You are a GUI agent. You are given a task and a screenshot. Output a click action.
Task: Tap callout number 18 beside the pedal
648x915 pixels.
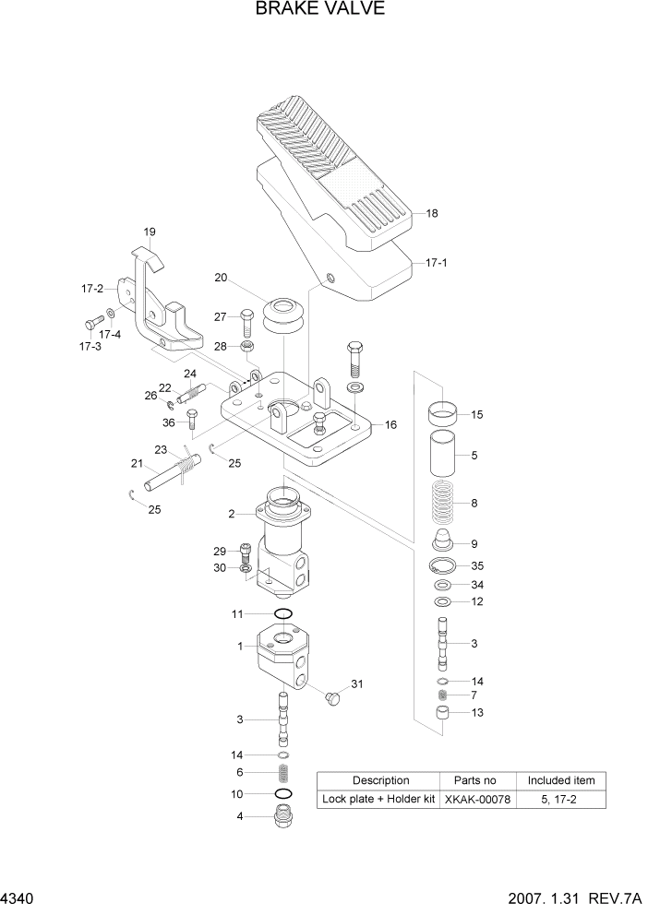click(432, 213)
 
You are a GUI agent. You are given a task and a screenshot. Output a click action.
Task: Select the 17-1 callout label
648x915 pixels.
click(437, 263)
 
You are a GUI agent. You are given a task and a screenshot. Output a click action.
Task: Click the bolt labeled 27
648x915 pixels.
click(248, 320)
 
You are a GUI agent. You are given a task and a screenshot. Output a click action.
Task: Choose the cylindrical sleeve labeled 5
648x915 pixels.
click(446, 456)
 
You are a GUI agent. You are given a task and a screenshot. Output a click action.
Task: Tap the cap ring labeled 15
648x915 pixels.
click(446, 413)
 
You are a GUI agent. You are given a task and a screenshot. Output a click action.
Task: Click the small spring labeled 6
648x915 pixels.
click(284, 772)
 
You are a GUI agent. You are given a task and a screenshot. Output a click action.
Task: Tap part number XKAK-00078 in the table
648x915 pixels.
click(476, 799)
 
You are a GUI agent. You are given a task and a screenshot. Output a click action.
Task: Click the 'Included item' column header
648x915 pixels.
click(561, 780)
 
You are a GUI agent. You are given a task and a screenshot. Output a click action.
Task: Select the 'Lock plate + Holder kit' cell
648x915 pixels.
click(378, 799)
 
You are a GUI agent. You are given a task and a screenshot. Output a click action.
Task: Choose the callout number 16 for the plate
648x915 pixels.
click(390, 425)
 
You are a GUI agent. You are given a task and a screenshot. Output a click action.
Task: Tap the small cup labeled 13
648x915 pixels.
click(446, 714)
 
